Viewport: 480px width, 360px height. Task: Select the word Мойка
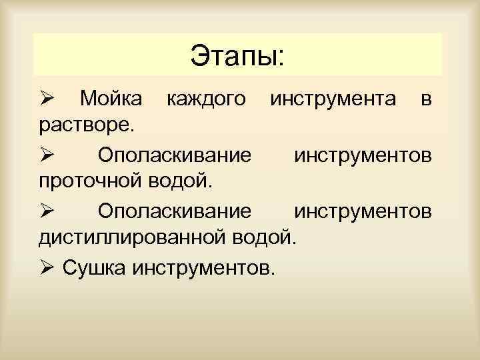(111, 99)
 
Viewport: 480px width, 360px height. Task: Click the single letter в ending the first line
(427, 101)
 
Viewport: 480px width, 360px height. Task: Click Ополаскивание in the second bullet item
(175, 155)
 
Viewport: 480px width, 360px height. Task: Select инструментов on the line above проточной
(362, 155)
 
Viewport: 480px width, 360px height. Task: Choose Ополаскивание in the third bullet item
(175, 211)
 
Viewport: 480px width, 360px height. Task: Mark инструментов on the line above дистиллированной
(362, 211)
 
